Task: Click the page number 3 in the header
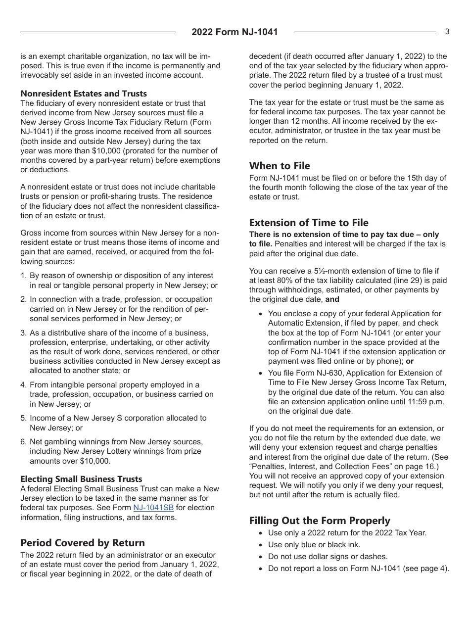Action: [x=447, y=32]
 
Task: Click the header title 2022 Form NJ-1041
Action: [x=235, y=32]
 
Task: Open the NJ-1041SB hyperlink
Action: [x=153, y=508]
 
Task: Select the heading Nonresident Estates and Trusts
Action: [x=84, y=94]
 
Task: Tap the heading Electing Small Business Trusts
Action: [x=81, y=479]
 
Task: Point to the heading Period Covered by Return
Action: [x=83, y=542]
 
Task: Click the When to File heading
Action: [x=280, y=165]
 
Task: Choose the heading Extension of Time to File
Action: [x=309, y=222]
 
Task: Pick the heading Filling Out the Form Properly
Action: [x=320, y=520]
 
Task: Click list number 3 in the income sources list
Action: [x=23, y=333]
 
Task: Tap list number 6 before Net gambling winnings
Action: [x=23, y=442]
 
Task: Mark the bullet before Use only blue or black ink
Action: [x=261, y=545]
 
